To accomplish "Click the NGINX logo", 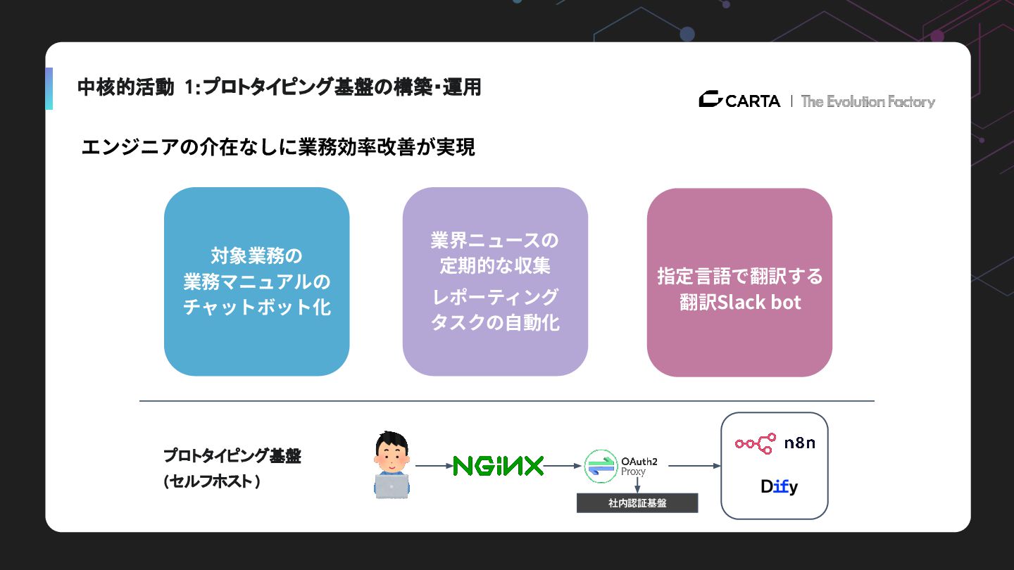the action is coord(499,466).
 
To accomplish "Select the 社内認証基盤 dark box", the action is coord(637,503).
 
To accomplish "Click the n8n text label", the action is coord(800,443).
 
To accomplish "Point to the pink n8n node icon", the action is coord(755,443).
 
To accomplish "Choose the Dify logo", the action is coord(779,486).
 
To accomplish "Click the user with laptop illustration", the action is coord(392,466).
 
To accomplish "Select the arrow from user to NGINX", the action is coord(432,466).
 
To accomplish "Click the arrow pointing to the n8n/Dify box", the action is coord(694,466).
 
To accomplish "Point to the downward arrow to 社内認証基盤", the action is coord(637,485).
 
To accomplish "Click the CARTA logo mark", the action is coord(711,100).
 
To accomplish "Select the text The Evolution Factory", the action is coord(868,101).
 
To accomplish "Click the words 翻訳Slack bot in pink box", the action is coord(740,303).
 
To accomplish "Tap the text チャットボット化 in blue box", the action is coord(257,308).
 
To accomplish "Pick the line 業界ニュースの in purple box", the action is coord(494,241).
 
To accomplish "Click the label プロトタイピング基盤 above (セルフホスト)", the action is coord(232,456).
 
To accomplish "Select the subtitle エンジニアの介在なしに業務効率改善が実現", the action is coord(278,148).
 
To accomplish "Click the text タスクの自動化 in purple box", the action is coord(494,322).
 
